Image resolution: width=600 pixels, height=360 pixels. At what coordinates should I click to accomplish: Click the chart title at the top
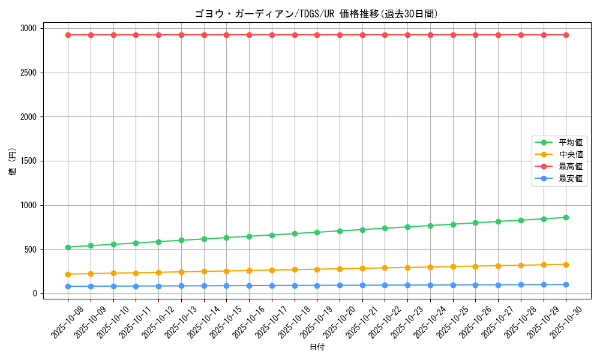coord(316,14)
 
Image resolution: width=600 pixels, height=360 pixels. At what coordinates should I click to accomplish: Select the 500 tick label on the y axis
coord(30,249)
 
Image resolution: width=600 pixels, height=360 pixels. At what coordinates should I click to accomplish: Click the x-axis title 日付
coord(317,347)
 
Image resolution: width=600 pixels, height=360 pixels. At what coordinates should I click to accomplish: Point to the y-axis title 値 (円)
coord(13,162)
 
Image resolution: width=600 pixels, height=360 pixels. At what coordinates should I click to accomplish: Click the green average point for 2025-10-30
coord(566,217)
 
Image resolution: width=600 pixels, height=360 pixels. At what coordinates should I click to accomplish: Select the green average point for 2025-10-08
coord(68,247)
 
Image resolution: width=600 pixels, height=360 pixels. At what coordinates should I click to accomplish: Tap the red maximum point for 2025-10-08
coord(68,35)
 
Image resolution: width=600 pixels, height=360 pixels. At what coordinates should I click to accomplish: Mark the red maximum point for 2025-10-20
coord(340,35)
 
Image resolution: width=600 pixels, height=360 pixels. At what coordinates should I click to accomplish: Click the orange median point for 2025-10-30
coord(566,265)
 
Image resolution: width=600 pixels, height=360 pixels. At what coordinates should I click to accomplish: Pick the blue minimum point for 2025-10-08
coord(68,286)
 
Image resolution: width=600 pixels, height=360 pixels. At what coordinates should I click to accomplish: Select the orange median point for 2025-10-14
coord(204,271)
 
